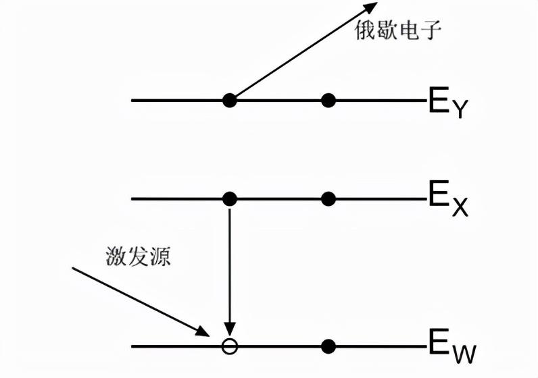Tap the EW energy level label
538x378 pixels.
(x=449, y=347)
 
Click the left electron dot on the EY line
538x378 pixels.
(x=230, y=101)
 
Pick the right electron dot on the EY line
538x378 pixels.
(x=328, y=101)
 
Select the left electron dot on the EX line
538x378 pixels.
(x=230, y=198)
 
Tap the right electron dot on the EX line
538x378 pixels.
(x=328, y=198)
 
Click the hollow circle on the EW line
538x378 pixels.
(x=230, y=346)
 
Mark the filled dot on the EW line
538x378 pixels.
(x=328, y=346)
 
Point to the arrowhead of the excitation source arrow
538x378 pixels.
(x=205, y=331)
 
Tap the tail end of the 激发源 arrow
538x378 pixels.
(x=73, y=268)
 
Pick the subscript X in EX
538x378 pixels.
(x=459, y=208)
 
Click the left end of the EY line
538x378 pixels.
(x=133, y=101)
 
